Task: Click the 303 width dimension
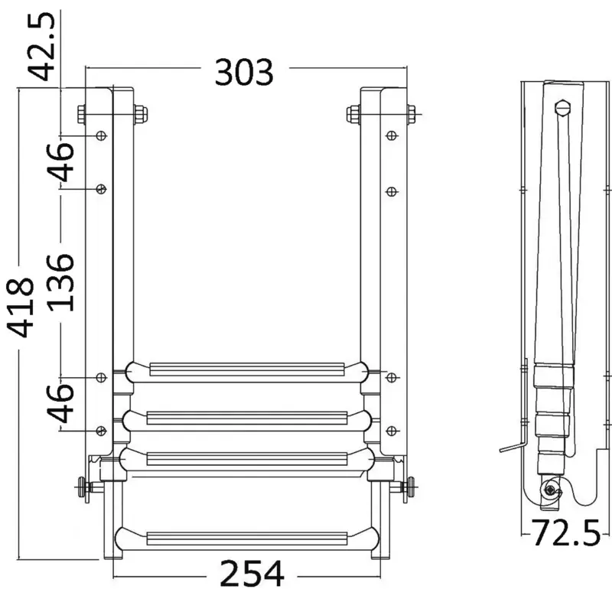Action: pos(244,72)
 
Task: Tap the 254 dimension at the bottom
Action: pos(252,573)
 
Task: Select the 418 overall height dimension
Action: pos(21,308)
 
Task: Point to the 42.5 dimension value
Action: pos(41,47)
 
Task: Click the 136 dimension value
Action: pos(60,283)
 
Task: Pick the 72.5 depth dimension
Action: pos(565,532)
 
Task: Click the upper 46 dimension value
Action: pos(60,162)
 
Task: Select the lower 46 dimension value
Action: pos(60,404)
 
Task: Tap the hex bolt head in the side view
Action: pos(562,108)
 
